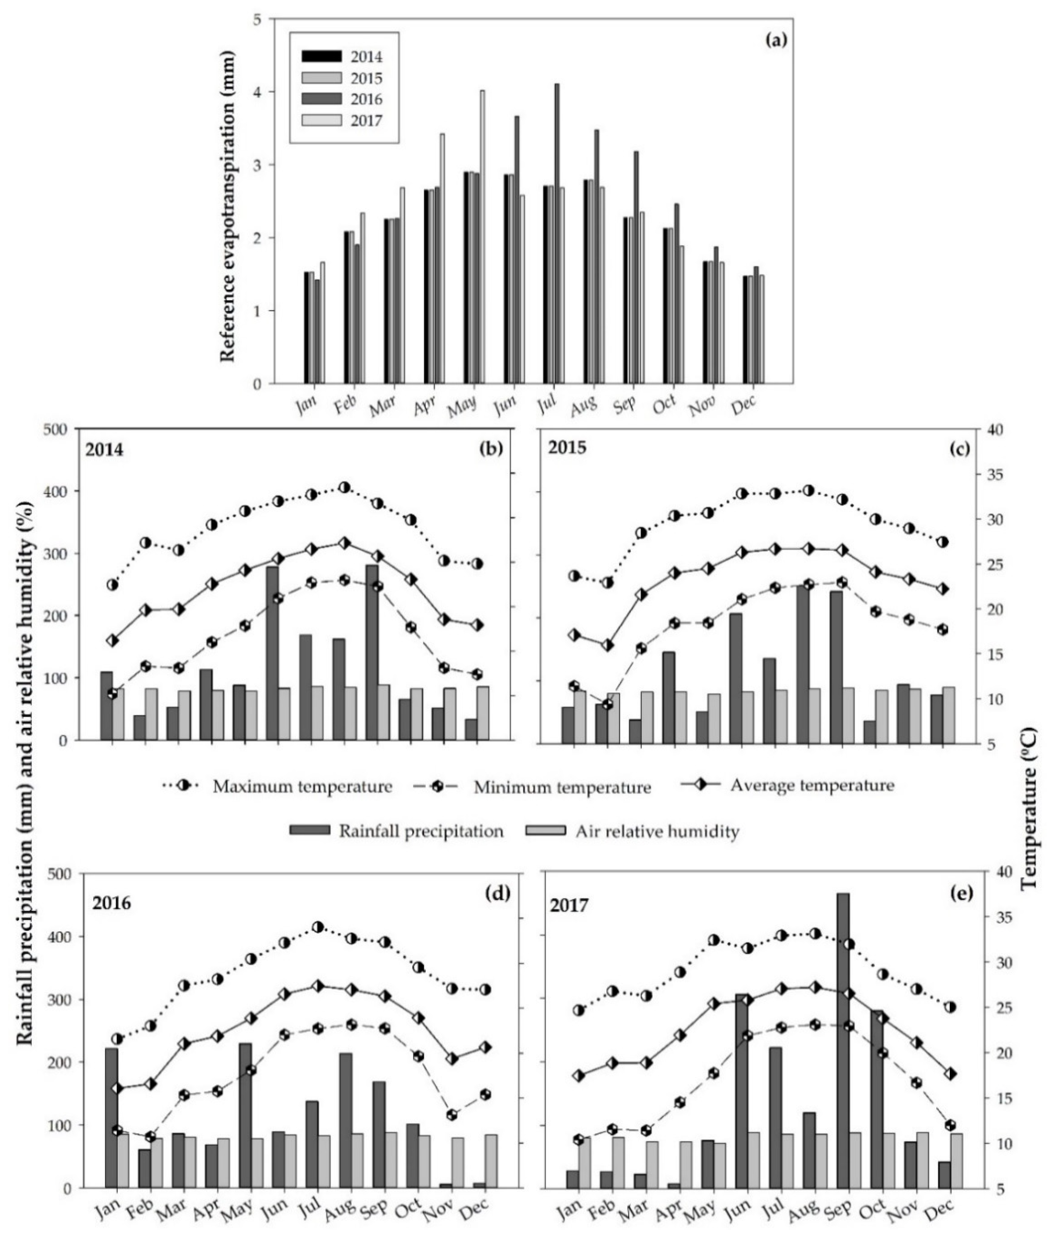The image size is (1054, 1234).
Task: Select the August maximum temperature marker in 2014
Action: click(344, 487)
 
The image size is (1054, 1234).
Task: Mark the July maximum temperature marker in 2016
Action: click(318, 927)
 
